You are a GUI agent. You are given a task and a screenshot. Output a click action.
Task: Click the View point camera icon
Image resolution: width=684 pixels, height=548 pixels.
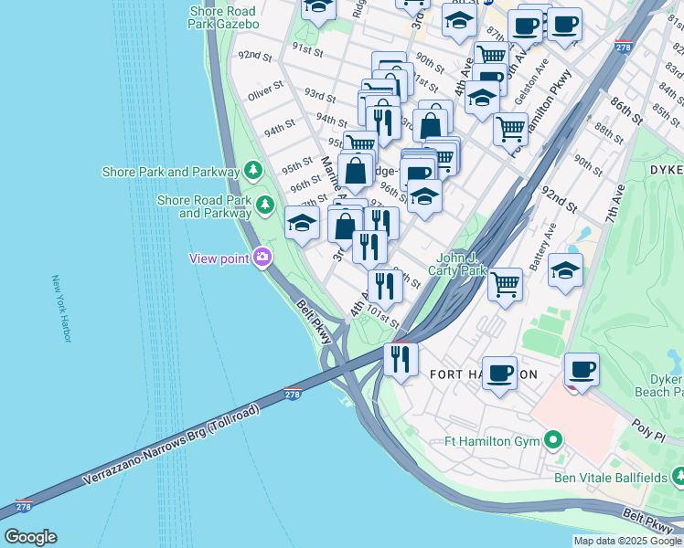[x=263, y=258]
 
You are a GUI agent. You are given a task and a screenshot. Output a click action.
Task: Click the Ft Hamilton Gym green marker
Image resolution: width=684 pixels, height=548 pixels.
[x=552, y=442]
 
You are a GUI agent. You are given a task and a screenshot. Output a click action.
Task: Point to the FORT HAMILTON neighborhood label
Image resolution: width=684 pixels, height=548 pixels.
[x=483, y=374]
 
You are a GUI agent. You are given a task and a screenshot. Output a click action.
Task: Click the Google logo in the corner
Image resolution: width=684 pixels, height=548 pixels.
[x=30, y=537]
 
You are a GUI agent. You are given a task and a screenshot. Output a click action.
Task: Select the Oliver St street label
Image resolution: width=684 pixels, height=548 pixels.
[x=267, y=93]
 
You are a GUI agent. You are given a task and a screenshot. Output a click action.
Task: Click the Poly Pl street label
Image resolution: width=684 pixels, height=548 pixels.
[x=647, y=427]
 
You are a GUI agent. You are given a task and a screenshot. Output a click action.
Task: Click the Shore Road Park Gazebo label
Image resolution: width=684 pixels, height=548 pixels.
[x=223, y=17]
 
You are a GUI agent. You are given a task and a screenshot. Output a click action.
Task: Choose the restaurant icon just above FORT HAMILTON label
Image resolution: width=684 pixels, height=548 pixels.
[x=400, y=357]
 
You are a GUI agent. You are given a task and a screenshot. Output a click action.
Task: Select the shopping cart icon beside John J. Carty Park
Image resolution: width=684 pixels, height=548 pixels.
[x=505, y=284]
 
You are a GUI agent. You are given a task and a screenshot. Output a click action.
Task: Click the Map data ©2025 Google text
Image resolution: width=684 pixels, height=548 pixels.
[x=627, y=541]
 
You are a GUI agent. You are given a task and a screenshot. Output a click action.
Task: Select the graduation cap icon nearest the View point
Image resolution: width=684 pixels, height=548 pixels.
[x=302, y=223]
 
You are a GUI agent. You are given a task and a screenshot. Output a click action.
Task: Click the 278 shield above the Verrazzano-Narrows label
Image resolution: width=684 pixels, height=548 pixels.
[x=293, y=393]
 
